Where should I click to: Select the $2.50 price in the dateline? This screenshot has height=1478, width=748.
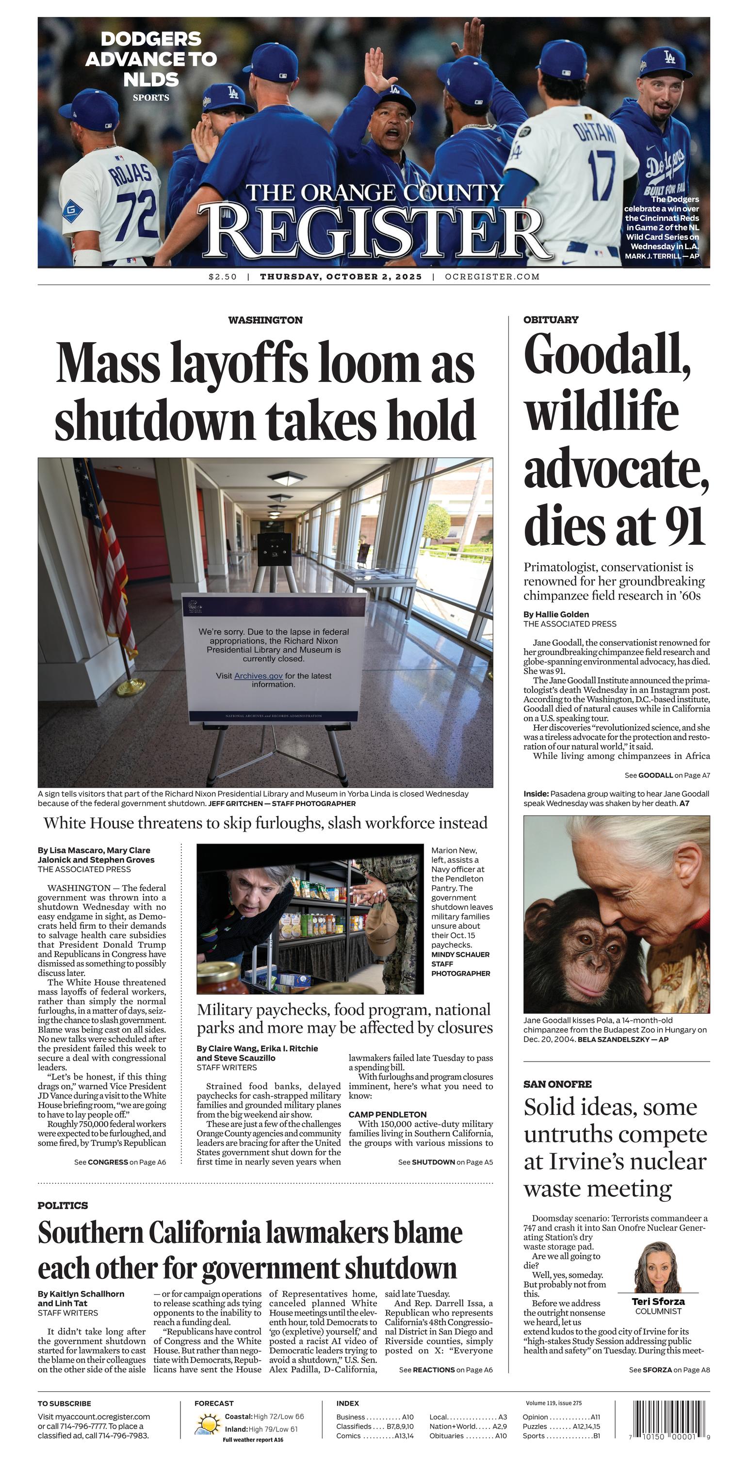click(223, 277)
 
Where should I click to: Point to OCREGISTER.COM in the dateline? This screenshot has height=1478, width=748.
click(492, 277)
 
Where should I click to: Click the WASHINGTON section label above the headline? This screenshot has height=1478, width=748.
click(265, 320)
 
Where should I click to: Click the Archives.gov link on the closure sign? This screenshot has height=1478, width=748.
click(259, 676)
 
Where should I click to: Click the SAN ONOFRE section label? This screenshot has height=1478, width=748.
click(557, 1084)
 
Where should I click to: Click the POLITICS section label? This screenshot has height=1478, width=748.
click(63, 1206)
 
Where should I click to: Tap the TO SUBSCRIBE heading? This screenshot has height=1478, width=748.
click(65, 1403)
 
